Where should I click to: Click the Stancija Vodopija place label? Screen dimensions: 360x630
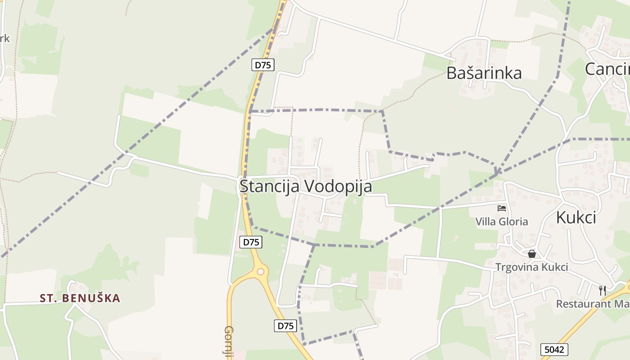point(306,186)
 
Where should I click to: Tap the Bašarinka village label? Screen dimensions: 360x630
point(484,73)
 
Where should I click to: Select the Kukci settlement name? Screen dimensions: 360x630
point(576,217)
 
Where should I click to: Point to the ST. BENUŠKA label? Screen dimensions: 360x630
point(80,298)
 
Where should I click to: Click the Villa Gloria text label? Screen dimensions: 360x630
point(502,222)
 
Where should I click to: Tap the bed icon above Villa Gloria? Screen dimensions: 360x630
point(502,208)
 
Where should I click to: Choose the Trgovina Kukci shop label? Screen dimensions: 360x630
point(531,267)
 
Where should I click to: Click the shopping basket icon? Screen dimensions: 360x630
point(532,254)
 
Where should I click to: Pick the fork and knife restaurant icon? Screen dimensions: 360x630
point(603,290)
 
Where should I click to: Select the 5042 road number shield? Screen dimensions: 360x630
point(554,349)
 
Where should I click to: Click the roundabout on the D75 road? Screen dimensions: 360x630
point(260,271)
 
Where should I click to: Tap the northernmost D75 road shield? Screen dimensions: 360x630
point(263,65)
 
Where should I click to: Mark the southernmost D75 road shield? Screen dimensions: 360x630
point(285,325)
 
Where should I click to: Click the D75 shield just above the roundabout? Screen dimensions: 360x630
point(251,242)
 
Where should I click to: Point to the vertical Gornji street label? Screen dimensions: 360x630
point(229,342)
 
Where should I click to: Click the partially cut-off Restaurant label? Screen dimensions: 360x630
point(593,304)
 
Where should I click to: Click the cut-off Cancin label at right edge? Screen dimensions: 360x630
point(607,69)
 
